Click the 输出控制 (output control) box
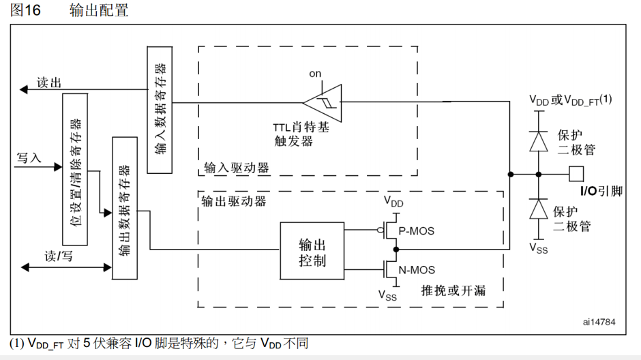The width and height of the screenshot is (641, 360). [x=312, y=252]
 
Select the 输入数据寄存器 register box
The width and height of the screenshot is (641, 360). [x=160, y=109]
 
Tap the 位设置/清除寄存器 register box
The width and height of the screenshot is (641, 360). [x=74, y=169]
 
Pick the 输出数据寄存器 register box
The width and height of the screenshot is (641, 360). [x=124, y=207]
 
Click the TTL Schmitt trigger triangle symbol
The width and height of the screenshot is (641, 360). [x=322, y=102]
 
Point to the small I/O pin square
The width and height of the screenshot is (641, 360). [x=576, y=173]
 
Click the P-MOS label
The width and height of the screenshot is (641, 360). [x=417, y=231]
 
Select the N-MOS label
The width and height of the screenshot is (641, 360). [x=417, y=270]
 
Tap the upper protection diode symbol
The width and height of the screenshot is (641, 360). [x=539, y=140]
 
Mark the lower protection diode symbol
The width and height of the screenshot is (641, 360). [x=539, y=208]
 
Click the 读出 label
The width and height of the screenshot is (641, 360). [x=49, y=82]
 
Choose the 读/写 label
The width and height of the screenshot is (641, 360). [x=59, y=256]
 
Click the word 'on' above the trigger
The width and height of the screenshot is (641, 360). [x=315, y=74]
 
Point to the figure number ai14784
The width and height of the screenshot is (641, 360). [x=598, y=320]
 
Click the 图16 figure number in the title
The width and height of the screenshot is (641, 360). [x=26, y=11]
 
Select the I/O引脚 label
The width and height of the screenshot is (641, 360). [x=601, y=191]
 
